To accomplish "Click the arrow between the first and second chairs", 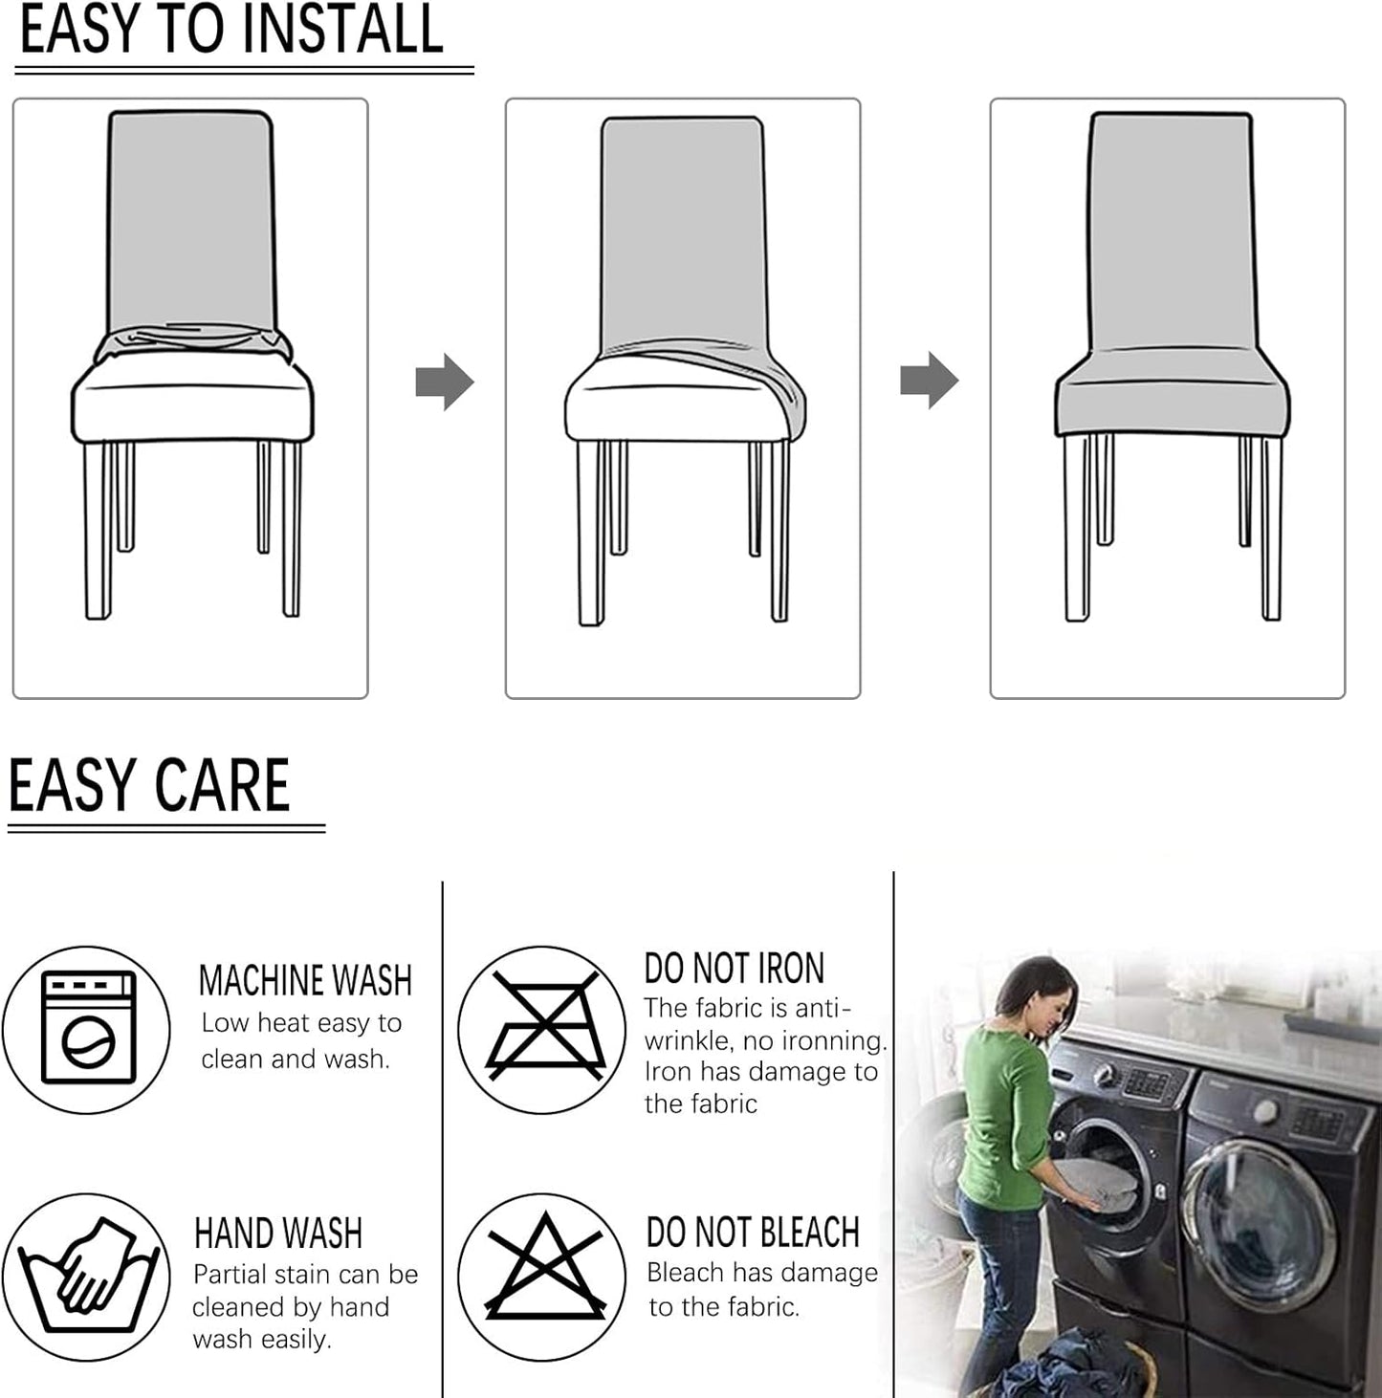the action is pyautogui.click(x=444, y=382).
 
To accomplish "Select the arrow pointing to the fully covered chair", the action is pyautogui.click(x=929, y=381).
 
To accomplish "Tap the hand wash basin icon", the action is pyautogui.click(x=88, y=1277).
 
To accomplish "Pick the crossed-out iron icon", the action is pyautogui.click(x=545, y=1027).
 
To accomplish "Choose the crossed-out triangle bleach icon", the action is pyautogui.click(x=545, y=1267).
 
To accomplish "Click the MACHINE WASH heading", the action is pyautogui.click(x=306, y=980).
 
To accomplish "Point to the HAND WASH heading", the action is pyautogui.click(x=278, y=1233).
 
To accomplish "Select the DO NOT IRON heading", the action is pyautogui.click(x=735, y=968).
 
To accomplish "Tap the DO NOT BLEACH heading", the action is pyautogui.click(x=754, y=1232).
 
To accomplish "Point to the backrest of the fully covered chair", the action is pyautogui.click(x=1171, y=230).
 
